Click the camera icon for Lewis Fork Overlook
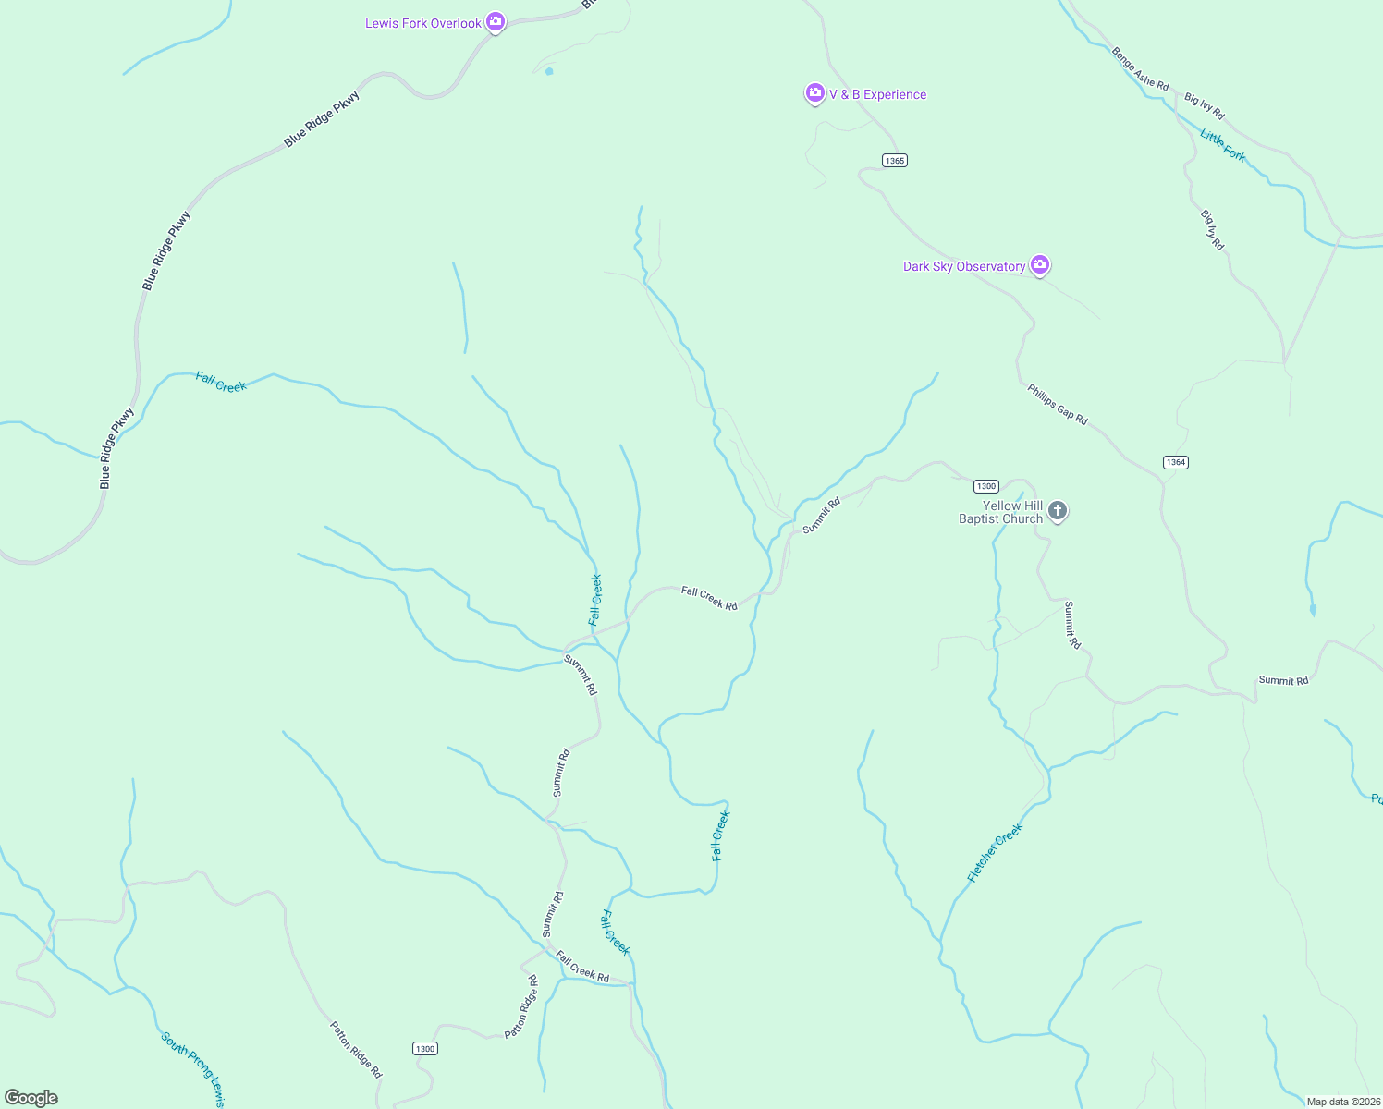pos(496,21)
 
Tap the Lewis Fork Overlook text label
pos(422,23)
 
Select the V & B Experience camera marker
pos(814,92)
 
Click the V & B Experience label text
pos(877,94)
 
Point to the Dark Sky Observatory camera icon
pos(1040,265)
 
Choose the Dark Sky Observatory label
pos(963,266)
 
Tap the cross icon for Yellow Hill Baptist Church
pos(1058,510)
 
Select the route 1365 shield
pos(894,161)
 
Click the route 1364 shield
pos(1175,462)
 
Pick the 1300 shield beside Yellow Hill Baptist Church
pos(986,486)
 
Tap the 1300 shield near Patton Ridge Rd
pos(424,1048)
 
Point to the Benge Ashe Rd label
pos(1139,68)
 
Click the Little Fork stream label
pos(1222,146)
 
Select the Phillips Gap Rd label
pos(1057,405)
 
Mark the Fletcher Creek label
pos(995,853)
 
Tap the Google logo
pos(31,1098)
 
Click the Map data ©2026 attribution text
pos(1342,1102)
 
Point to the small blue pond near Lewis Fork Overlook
pos(549,71)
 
